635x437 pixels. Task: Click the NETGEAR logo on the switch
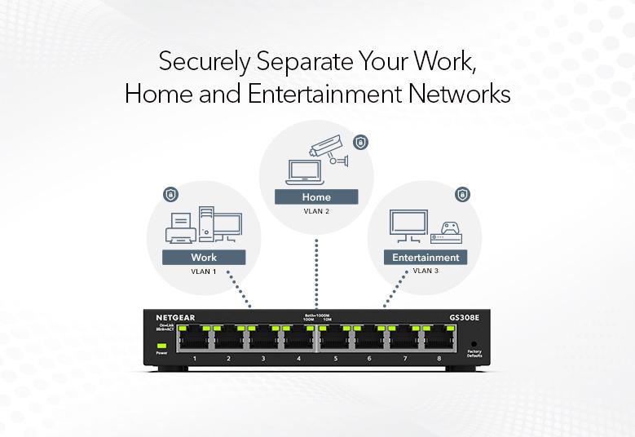pyautogui.click(x=175, y=316)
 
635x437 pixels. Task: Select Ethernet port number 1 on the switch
pyautogui.click(x=194, y=338)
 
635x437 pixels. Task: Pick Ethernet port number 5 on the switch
pyautogui.click(x=336, y=338)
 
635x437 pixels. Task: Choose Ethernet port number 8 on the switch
pyautogui.click(x=439, y=338)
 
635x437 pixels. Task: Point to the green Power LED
pyautogui.click(x=161, y=346)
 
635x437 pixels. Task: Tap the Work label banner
pyautogui.click(x=204, y=258)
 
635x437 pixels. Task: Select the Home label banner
pyautogui.click(x=316, y=196)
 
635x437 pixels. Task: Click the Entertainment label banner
pyautogui.click(x=425, y=258)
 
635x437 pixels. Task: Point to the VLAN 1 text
pyautogui.click(x=204, y=271)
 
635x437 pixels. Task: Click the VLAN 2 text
pyautogui.click(x=316, y=211)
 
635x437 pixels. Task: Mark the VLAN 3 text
pyautogui.click(x=426, y=271)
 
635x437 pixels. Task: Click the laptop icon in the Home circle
pyautogui.click(x=300, y=171)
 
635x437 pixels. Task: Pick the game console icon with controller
pyautogui.click(x=446, y=232)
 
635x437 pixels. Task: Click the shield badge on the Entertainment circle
pyautogui.click(x=462, y=194)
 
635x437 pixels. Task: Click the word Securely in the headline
pyautogui.click(x=198, y=61)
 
